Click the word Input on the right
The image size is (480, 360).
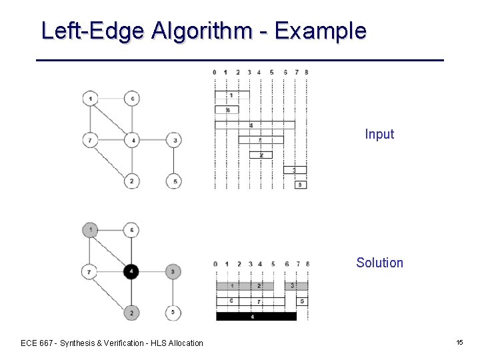tap(379, 134)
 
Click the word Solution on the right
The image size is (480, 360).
tap(379, 263)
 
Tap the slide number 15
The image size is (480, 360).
tap(459, 342)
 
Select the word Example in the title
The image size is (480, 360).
tap(320, 31)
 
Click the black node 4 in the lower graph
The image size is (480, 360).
tap(132, 271)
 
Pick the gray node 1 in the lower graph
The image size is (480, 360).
tap(91, 231)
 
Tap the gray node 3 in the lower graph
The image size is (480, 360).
tap(173, 271)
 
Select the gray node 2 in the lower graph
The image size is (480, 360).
tap(132, 312)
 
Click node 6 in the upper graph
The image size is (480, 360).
tap(132, 99)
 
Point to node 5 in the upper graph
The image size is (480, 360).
tap(173, 181)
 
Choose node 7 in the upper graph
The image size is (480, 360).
tap(91, 140)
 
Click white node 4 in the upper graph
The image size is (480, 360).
tap(132, 140)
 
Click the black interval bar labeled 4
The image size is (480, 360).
tap(255, 317)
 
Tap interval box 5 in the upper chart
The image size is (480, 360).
tap(301, 184)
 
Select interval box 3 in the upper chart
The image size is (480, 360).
tap(295, 170)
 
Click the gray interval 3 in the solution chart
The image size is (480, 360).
tap(296, 286)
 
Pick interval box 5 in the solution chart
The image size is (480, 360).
tap(301, 301)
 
